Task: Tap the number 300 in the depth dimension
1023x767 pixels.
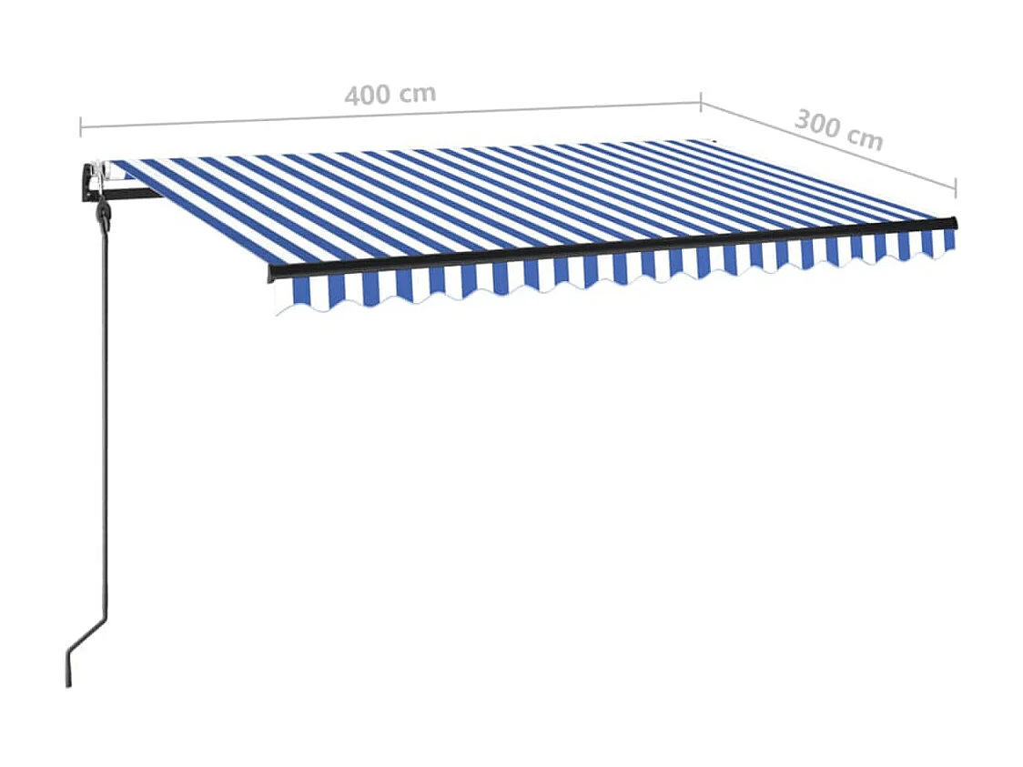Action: [x=815, y=124]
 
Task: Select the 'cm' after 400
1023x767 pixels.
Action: [x=417, y=92]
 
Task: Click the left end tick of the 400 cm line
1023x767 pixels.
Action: [x=80, y=126]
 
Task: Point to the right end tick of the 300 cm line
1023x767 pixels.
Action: [x=956, y=186]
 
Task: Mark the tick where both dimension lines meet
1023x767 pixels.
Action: [x=700, y=101]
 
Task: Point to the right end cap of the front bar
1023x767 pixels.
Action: [x=954, y=222]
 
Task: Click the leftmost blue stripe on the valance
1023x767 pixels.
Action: [x=300, y=291]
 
